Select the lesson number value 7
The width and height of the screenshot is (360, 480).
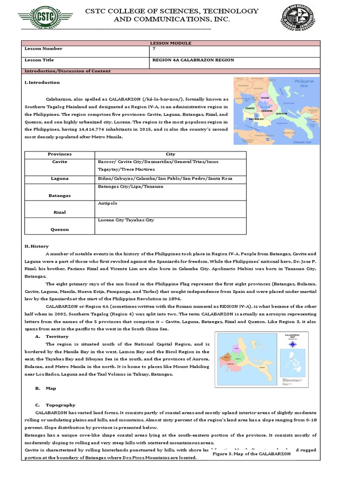coord(154,49)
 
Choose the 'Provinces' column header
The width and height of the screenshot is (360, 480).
coord(60,154)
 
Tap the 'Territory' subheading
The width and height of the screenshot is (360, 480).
coord(57,337)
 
